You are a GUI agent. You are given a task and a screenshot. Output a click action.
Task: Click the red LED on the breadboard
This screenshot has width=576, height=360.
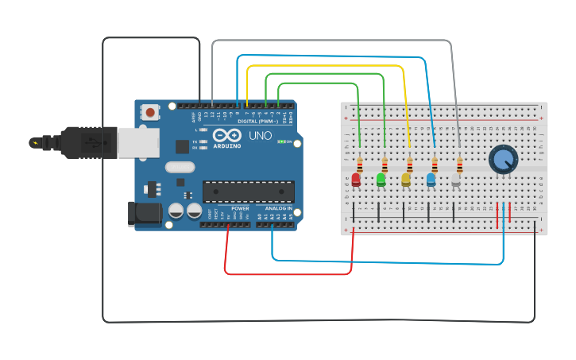(356, 180)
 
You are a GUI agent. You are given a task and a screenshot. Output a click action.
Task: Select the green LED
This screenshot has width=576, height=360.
(381, 180)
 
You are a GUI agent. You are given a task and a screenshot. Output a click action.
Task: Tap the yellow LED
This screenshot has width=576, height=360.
(406, 180)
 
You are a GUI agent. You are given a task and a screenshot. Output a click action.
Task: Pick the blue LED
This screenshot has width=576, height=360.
(431, 180)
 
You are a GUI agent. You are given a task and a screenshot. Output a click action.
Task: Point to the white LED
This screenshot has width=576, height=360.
(456, 180)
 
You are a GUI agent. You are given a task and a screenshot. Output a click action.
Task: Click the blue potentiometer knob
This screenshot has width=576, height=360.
(502, 159)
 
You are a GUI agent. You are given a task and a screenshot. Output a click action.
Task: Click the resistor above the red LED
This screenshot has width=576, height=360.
(359, 165)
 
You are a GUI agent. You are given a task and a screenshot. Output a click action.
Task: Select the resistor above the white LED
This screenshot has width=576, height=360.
(459, 165)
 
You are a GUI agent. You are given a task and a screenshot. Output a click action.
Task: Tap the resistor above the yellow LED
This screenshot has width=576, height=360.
(409, 165)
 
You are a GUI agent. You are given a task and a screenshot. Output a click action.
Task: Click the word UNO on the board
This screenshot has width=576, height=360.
(261, 136)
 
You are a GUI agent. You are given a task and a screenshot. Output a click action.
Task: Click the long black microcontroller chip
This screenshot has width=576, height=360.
(248, 192)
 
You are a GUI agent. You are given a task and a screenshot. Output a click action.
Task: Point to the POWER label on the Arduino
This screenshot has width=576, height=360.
(240, 208)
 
